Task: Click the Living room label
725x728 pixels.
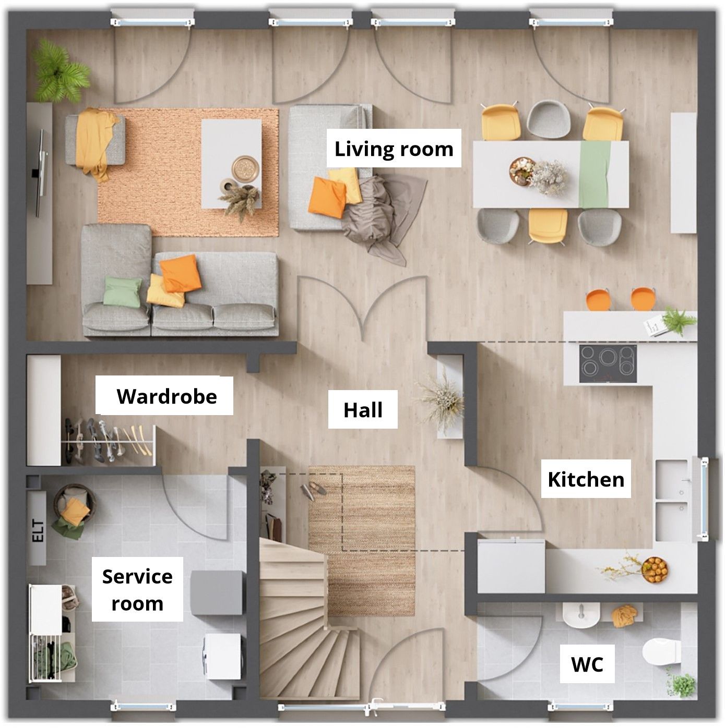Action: (394, 149)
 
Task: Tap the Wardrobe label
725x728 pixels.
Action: (167, 396)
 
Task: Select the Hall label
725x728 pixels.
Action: (363, 410)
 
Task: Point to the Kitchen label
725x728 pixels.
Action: (586, 479)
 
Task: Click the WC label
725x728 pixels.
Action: (587, 664)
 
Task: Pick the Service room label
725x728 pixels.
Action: (137, 590)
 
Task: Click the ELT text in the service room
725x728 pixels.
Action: (38, 531)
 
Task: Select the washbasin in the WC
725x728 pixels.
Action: (581, 615)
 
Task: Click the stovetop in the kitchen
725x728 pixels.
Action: (608, 363)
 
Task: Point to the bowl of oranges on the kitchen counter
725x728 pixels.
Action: (655, 569)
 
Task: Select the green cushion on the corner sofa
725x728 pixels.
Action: (122, 290)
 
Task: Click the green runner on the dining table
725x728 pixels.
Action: (594, 174)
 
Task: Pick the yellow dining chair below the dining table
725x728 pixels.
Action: (547, 226)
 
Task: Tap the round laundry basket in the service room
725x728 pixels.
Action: (74, 504)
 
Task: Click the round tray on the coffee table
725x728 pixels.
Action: (245, 168)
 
